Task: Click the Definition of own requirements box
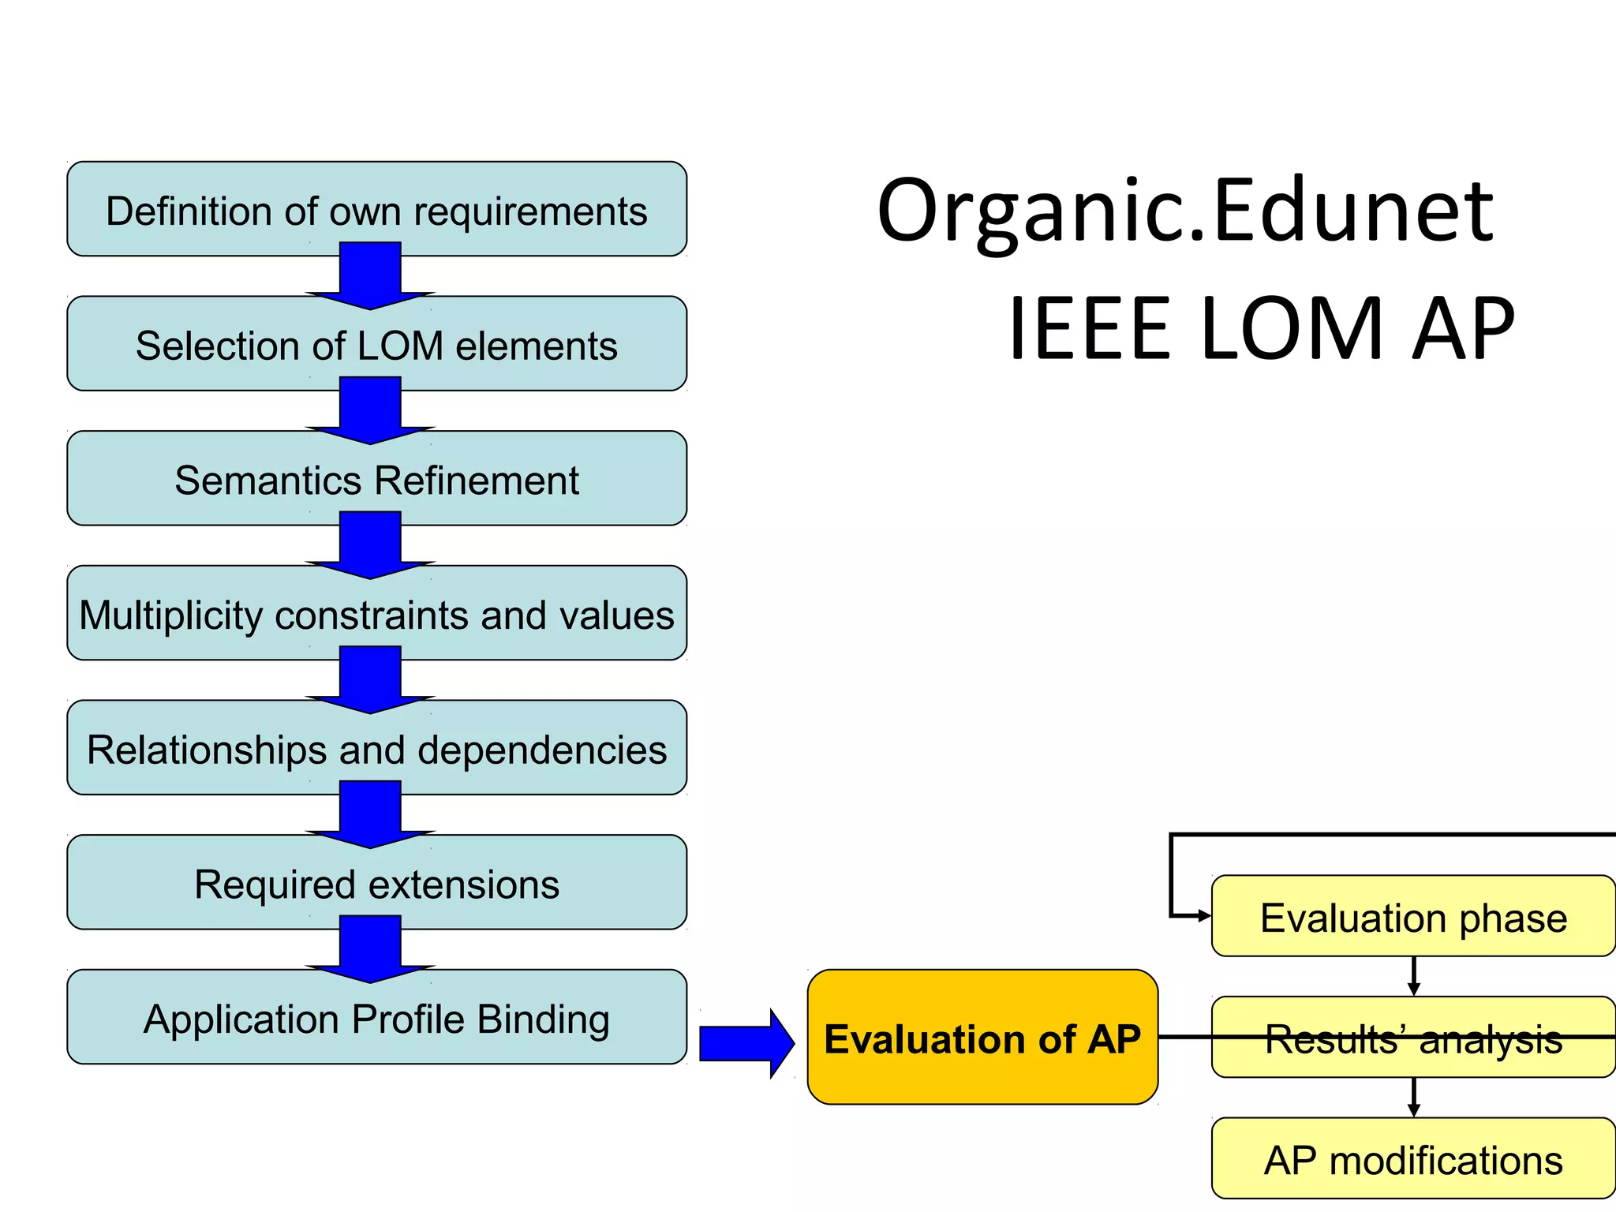pyautogui.click(x=376, y=210)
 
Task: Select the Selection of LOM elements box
pyautogui.click(x=376, y=345)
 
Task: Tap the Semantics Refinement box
pyautogui.click(x=376, y=480)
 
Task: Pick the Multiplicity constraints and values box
pyautogui.click(x=376, y=614)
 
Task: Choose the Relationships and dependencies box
pyautogui.click(x=376, y=749)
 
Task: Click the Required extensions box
pyautogui.click(x=376, y=884)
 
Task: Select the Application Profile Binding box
pyautogui.click(x=376, y=1018)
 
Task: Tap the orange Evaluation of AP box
pyautogui.click(x=982, y=1038)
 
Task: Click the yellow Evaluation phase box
pyautogui.click(x=1413, y=917)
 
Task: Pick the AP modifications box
pyautogui.click(x=1413, y=1159)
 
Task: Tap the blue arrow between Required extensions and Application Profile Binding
pyautogui.click(x=370, y=950)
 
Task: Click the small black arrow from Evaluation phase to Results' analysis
pyautogui.click(x=1413, y=977)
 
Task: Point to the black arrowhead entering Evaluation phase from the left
pyautogui.click(x=1204, y=916)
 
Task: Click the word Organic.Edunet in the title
pyautogui.click(x=1185, y=211)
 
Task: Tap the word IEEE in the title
pyautogui.click(x=1090, y=328)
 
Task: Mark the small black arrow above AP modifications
pyautogui.click(x=1413, y=1098)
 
